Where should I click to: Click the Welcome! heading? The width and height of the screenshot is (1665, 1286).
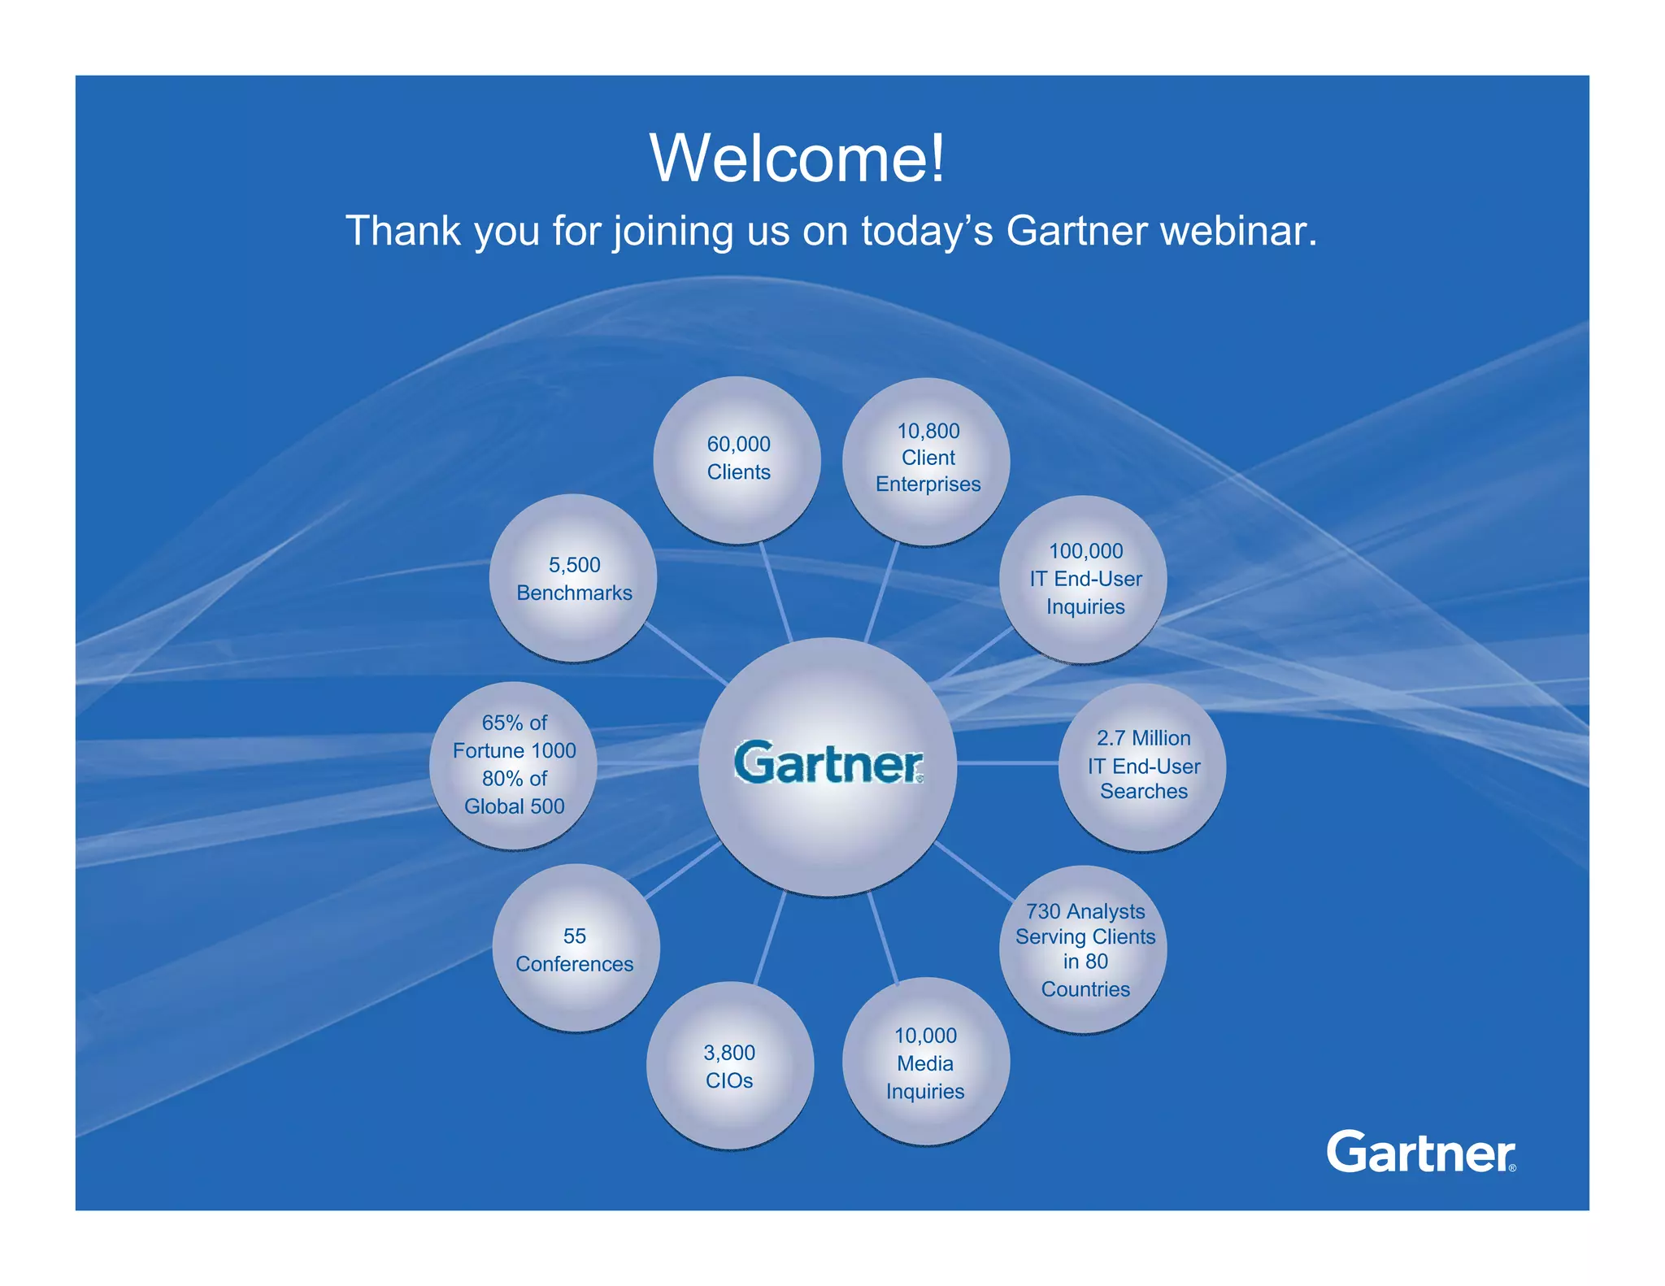click(798, 159)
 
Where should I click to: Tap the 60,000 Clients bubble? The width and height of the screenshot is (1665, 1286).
click(737, 459)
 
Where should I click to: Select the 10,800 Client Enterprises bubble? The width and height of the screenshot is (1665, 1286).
click(927, 460)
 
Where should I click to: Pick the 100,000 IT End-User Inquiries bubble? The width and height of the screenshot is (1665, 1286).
click(1084, 579)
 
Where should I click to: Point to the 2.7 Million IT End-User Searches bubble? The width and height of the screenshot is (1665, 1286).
click(1142, 766)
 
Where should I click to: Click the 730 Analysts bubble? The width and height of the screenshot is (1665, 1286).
click(1084, 949)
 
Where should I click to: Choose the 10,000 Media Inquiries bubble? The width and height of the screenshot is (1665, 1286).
click(926, 1062)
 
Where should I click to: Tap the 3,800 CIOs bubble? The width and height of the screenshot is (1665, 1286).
click(730, 1066)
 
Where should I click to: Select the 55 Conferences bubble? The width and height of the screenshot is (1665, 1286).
click(576, 949)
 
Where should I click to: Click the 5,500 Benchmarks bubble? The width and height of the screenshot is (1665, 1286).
click(574, 578)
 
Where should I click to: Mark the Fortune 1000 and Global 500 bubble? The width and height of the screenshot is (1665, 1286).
click(514, 765)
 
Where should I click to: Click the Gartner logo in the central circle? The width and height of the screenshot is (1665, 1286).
click(828, 763)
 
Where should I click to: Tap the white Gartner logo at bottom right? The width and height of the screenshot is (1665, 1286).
click(1420, 1152)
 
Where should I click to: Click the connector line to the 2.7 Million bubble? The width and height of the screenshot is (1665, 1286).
click(1008, 763)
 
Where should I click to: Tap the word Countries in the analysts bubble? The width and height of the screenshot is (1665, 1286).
click(1085, 989)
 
